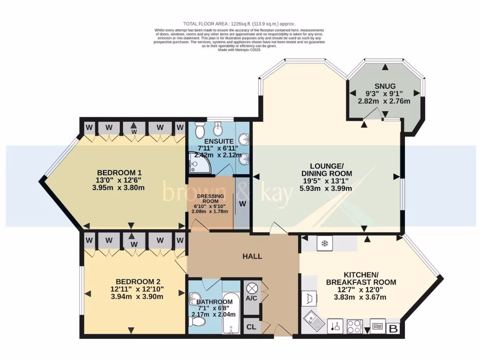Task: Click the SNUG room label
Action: tap(385, 86)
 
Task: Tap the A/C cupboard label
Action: tap(252, 298)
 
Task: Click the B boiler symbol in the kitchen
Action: tap(393, 329)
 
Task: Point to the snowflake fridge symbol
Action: tap(324, 243)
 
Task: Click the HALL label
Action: tap(252, 256)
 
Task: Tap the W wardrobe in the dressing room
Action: tap(242, 204)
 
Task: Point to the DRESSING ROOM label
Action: tap(210, 199)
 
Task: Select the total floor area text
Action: tap(239, 24)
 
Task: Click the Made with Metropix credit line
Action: tap(239, 50)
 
